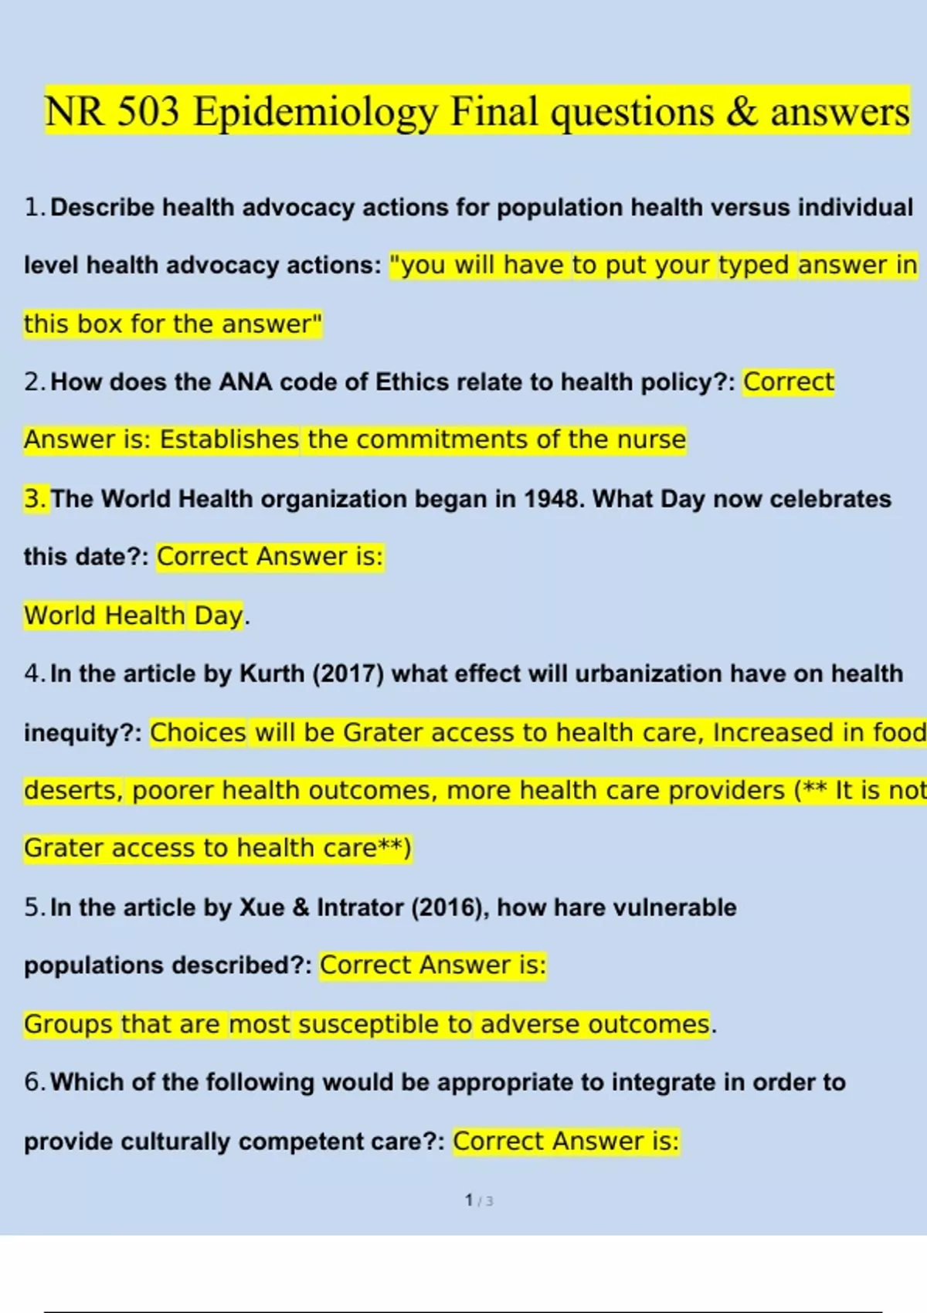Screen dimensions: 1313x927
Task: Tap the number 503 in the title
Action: pyautogui.click(x=148, y=111)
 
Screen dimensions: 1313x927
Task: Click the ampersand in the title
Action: pyautogui.click(x=742, y=112)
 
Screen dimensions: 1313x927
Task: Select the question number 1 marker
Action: pyautogui.click(x=34, y=208)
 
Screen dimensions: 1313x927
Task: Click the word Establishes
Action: pyautogui.click(x=229, y=439)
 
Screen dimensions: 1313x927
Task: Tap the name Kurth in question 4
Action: pyautogui.click(x=272, y=673)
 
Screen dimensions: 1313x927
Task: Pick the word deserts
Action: pyautogui.click(x=73, y=791)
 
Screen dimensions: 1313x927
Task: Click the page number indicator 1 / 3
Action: pyautogui.click(x=479, y=1200)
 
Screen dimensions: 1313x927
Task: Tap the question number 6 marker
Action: pyautogui.click(x=34, y=1082)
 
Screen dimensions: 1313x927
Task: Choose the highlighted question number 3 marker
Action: pyautogui.click(x=36, y=499)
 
